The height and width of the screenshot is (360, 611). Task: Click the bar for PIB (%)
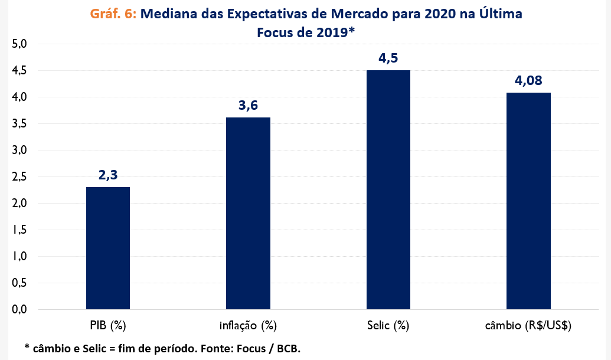108,248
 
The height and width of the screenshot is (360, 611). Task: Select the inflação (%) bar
248,213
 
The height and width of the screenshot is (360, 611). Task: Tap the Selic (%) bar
388,189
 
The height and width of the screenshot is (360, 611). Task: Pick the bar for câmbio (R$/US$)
528,201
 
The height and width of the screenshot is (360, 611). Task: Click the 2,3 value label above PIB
108,175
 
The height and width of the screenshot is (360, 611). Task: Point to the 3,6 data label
248,106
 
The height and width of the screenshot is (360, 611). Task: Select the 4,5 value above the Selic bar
388,58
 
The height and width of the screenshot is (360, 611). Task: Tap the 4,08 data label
528,81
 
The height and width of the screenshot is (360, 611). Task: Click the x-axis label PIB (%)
108,325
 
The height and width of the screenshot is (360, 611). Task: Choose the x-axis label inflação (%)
248,325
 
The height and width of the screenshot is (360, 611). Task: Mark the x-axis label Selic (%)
388,325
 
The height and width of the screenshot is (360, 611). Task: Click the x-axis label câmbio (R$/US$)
528,325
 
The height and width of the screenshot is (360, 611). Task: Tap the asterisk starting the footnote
27,347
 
